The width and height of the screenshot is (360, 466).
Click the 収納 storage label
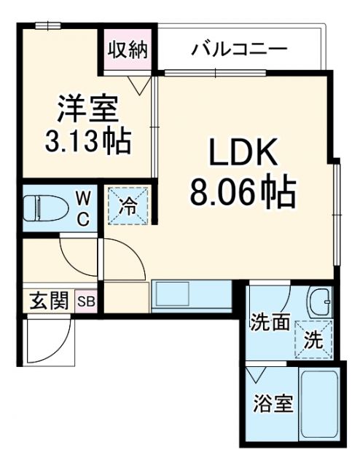[128, 50]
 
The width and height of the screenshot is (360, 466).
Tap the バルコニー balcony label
[240, 50]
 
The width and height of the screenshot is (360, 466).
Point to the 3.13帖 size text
[87, 141]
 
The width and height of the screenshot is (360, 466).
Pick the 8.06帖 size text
[243, 192]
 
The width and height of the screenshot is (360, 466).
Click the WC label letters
[83, 208]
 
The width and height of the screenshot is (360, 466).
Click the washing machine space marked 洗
[313, 339]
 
